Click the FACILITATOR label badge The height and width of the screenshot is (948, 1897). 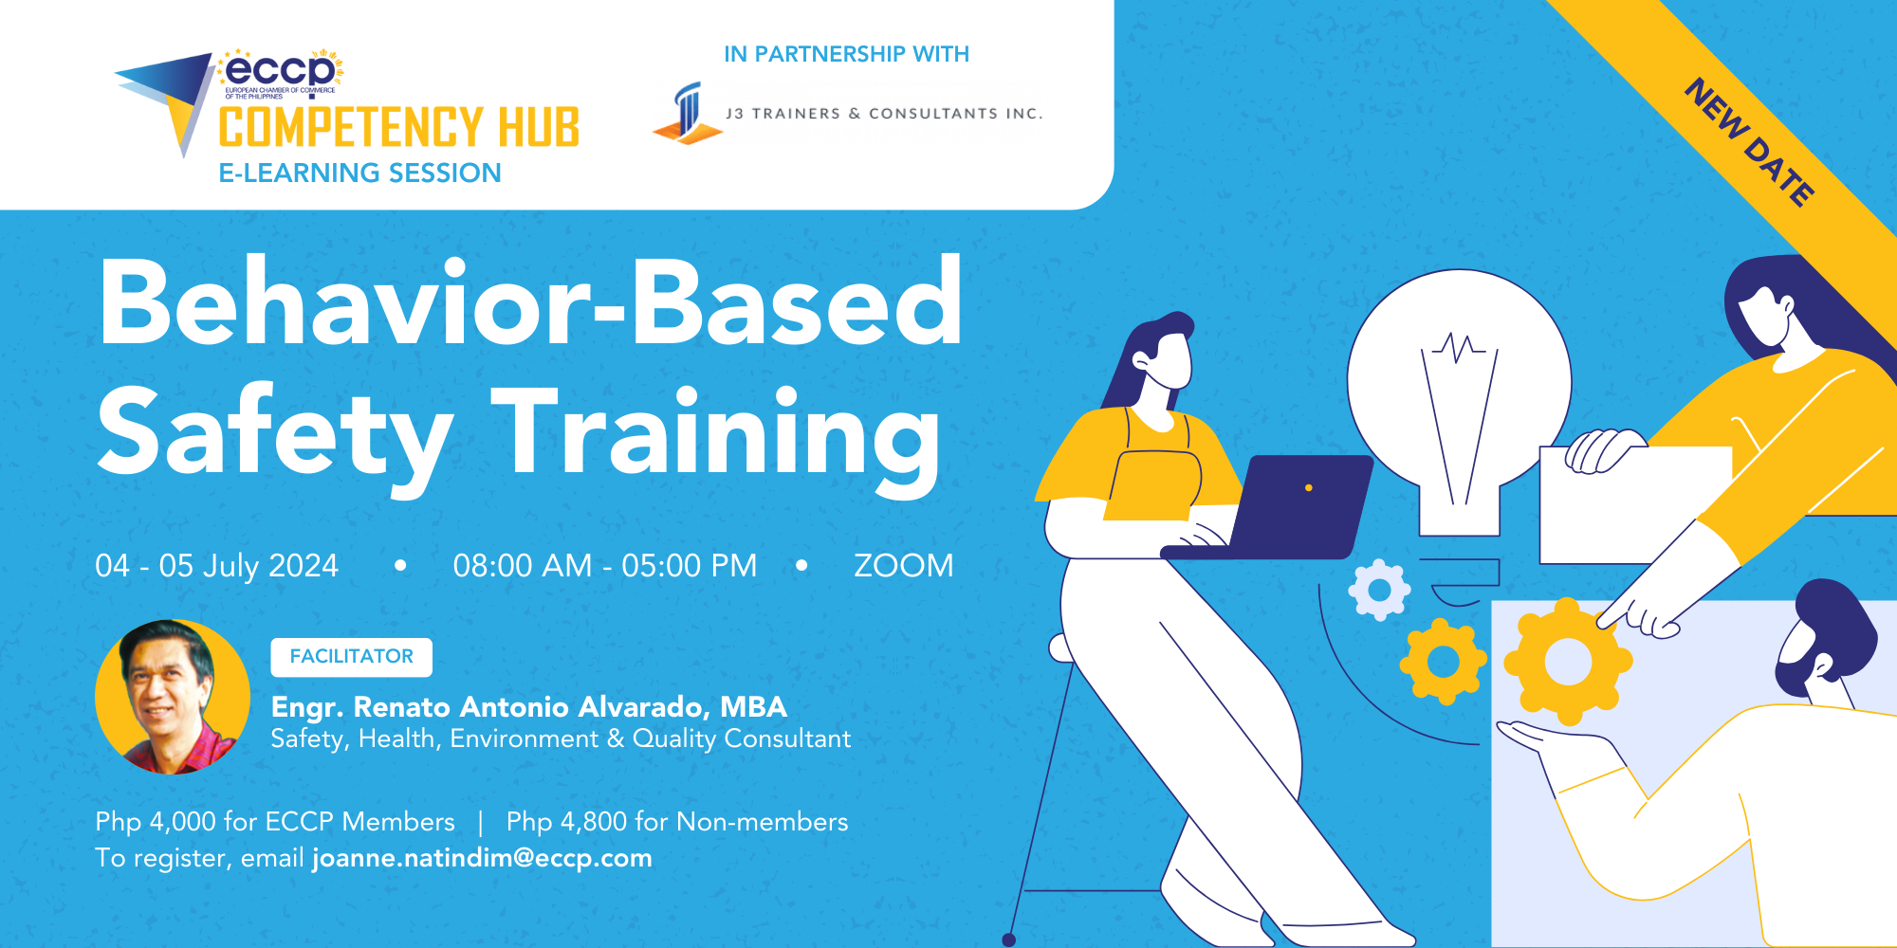tap(351, 657)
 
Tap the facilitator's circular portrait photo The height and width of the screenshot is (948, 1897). tap(172, 697)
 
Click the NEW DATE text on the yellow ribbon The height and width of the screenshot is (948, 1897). tap(1750, 142)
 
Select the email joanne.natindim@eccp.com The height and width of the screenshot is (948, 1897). tap(482, 858)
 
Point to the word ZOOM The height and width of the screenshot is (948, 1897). tap(903, 566)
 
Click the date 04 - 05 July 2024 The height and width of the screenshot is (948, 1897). tap(216, 566)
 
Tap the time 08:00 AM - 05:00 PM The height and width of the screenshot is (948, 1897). tap(604, 566)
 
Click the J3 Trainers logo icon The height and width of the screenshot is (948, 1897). tap(688, 114)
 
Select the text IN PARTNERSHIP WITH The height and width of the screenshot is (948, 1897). tap(846, 54)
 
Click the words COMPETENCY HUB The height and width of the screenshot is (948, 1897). tap(398, 128)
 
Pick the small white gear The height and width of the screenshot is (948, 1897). tap(1379, 590)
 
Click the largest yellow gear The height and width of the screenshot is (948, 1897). tap(1567, 662)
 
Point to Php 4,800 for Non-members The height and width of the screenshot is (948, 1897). tap(677, 822)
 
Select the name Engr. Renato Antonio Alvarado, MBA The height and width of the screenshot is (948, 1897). tap(528, 707)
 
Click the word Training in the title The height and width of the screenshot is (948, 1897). tap(716, 434)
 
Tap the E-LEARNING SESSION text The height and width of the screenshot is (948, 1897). tap(359, 173)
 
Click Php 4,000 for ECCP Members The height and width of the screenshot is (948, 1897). tap(275, 822)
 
